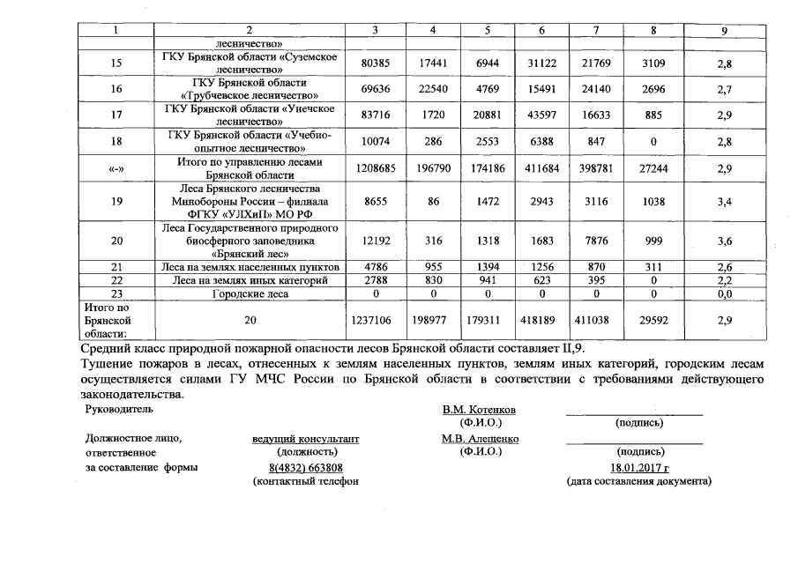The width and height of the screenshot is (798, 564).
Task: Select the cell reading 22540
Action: tap(432, 89)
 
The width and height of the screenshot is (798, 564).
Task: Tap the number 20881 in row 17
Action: tap(487, 115)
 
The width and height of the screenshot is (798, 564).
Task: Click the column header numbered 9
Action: tap(724, 32)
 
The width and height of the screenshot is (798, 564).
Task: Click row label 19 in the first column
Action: tap(117, 202)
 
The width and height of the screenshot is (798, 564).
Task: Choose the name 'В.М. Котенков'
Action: tap(480, 411)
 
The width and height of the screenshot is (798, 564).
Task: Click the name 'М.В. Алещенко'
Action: tap(480, 439)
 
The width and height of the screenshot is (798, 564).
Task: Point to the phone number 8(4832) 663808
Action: tap(306, 468)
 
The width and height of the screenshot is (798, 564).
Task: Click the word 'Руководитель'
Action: tap(119, 410)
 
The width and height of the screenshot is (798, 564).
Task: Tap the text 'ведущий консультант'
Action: tap(306, 439)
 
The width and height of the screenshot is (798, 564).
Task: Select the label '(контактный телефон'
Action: tap(306, 481)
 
